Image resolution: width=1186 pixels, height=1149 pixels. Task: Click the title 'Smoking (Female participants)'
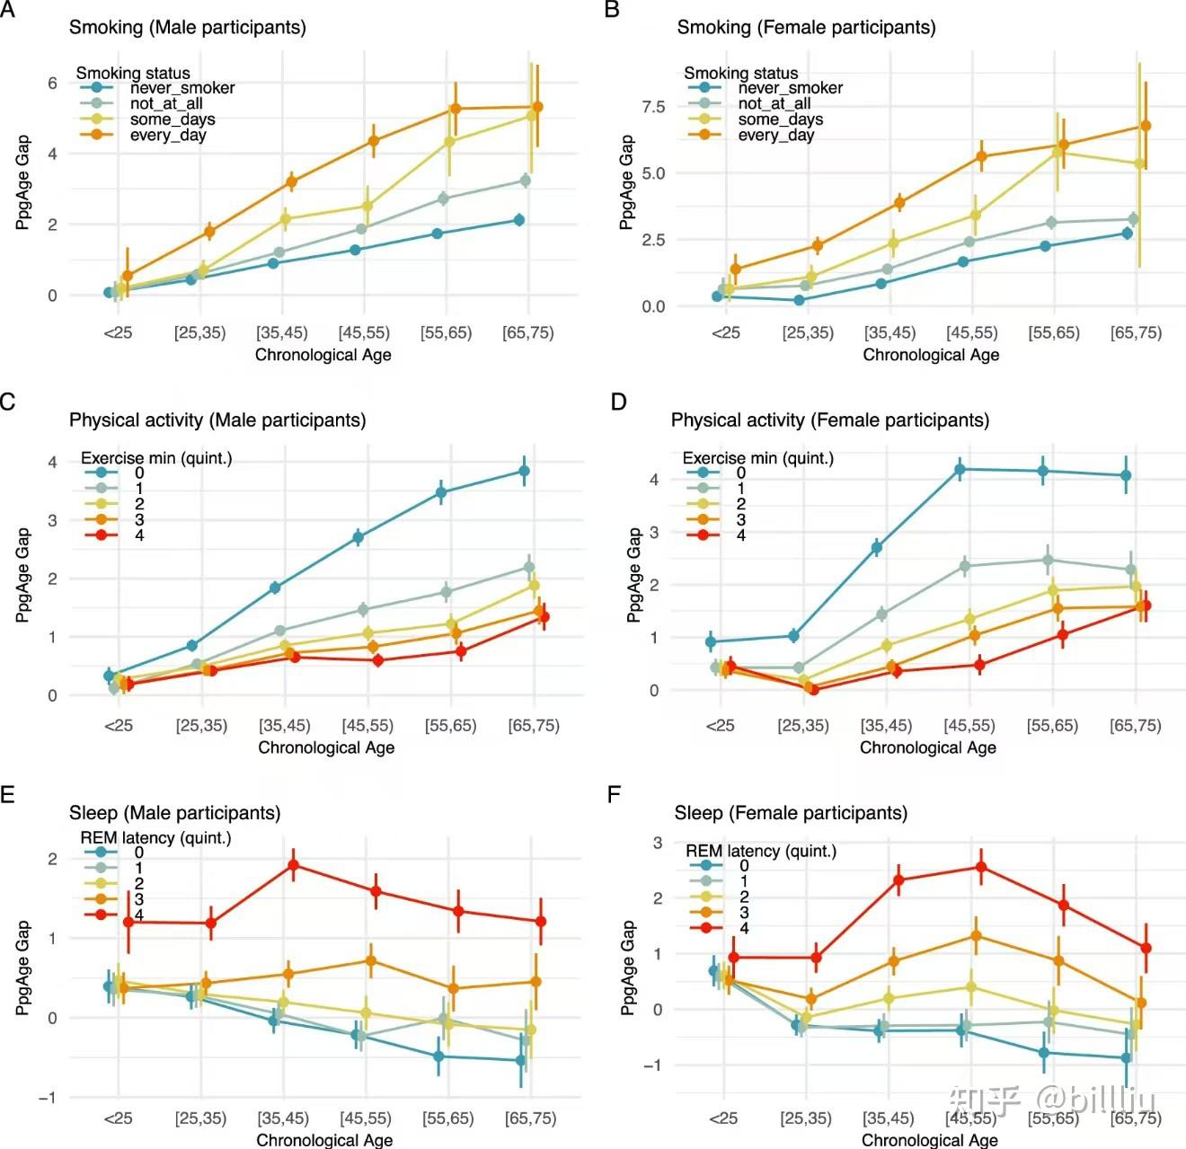coord(806,27)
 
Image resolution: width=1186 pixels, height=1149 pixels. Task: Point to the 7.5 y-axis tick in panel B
coord(653,107)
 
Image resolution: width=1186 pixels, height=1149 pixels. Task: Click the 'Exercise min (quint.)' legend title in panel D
coord(757,458)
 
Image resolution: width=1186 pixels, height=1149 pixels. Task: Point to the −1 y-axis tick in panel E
coord(47,1098)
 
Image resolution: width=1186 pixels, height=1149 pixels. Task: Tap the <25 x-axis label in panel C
coord(119,725)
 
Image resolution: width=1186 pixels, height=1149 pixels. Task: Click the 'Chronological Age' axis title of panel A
coord(323,355)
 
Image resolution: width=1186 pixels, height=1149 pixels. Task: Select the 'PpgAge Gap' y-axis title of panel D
coord(634,575)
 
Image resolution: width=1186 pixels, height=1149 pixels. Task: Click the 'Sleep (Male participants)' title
coord(174,813)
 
